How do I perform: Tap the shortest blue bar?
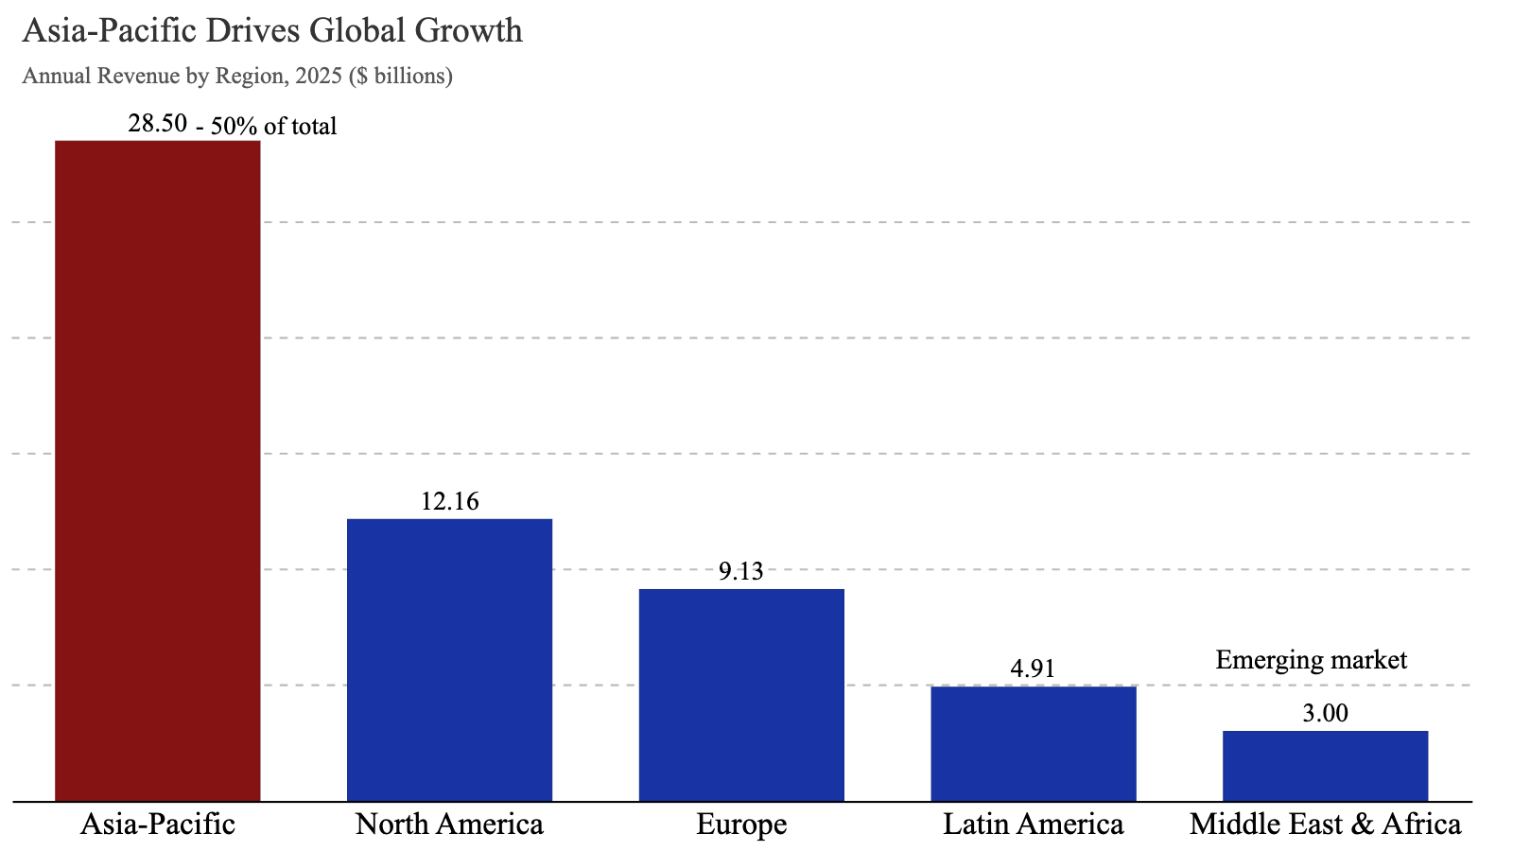(x=1325, y=765)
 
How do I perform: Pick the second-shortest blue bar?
(x=1033, y=742)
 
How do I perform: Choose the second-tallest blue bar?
(x=741, y=694)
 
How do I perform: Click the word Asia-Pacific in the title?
(x=110, y=31)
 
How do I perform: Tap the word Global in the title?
(x=357, y=31)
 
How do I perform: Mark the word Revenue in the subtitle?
(x=138, y=76)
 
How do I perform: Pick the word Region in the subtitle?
(x=251, y=76)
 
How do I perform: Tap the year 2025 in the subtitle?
(x=318, y=76)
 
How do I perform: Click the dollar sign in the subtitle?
(x=359, y=76)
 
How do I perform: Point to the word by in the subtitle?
(x=197, y=77)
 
